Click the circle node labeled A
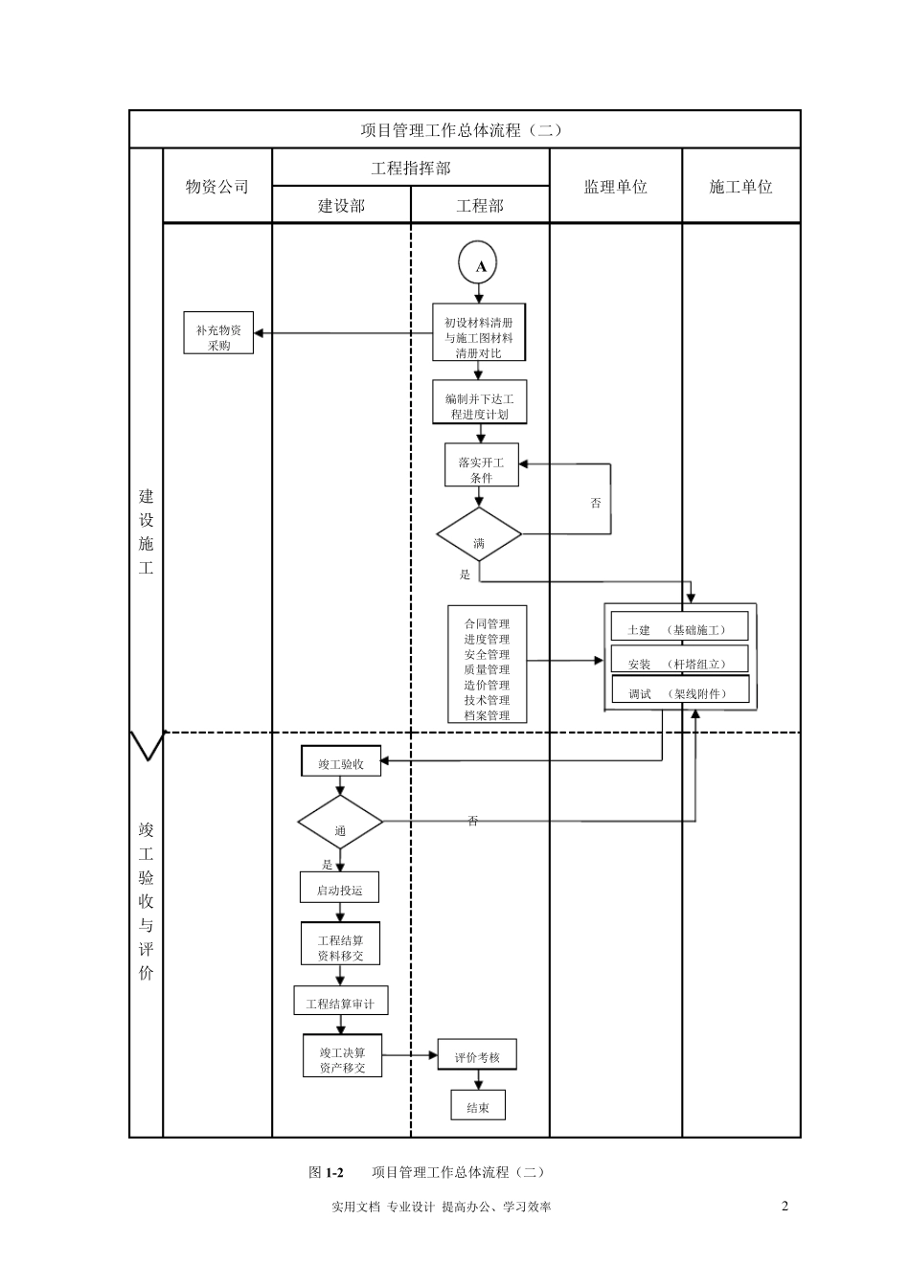[479, 266]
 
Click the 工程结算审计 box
[340, 1002]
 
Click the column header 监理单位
[615, 187]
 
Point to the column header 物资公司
[217, 187]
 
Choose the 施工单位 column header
[740, 187]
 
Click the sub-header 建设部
[341, 206]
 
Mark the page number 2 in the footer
[785, 1206]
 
